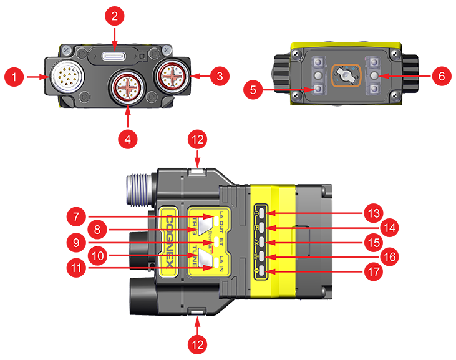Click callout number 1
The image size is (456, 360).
point(13,77)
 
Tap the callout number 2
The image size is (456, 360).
point(114,17)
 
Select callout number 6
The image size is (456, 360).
point(442,77)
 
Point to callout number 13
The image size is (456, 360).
point(373,214)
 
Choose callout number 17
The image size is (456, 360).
point(373,272)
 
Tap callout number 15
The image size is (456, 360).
point(373,243)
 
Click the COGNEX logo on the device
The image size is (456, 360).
point(168,240)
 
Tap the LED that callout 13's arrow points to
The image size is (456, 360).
point(263,213)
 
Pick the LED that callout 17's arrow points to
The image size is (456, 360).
point(263,271)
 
